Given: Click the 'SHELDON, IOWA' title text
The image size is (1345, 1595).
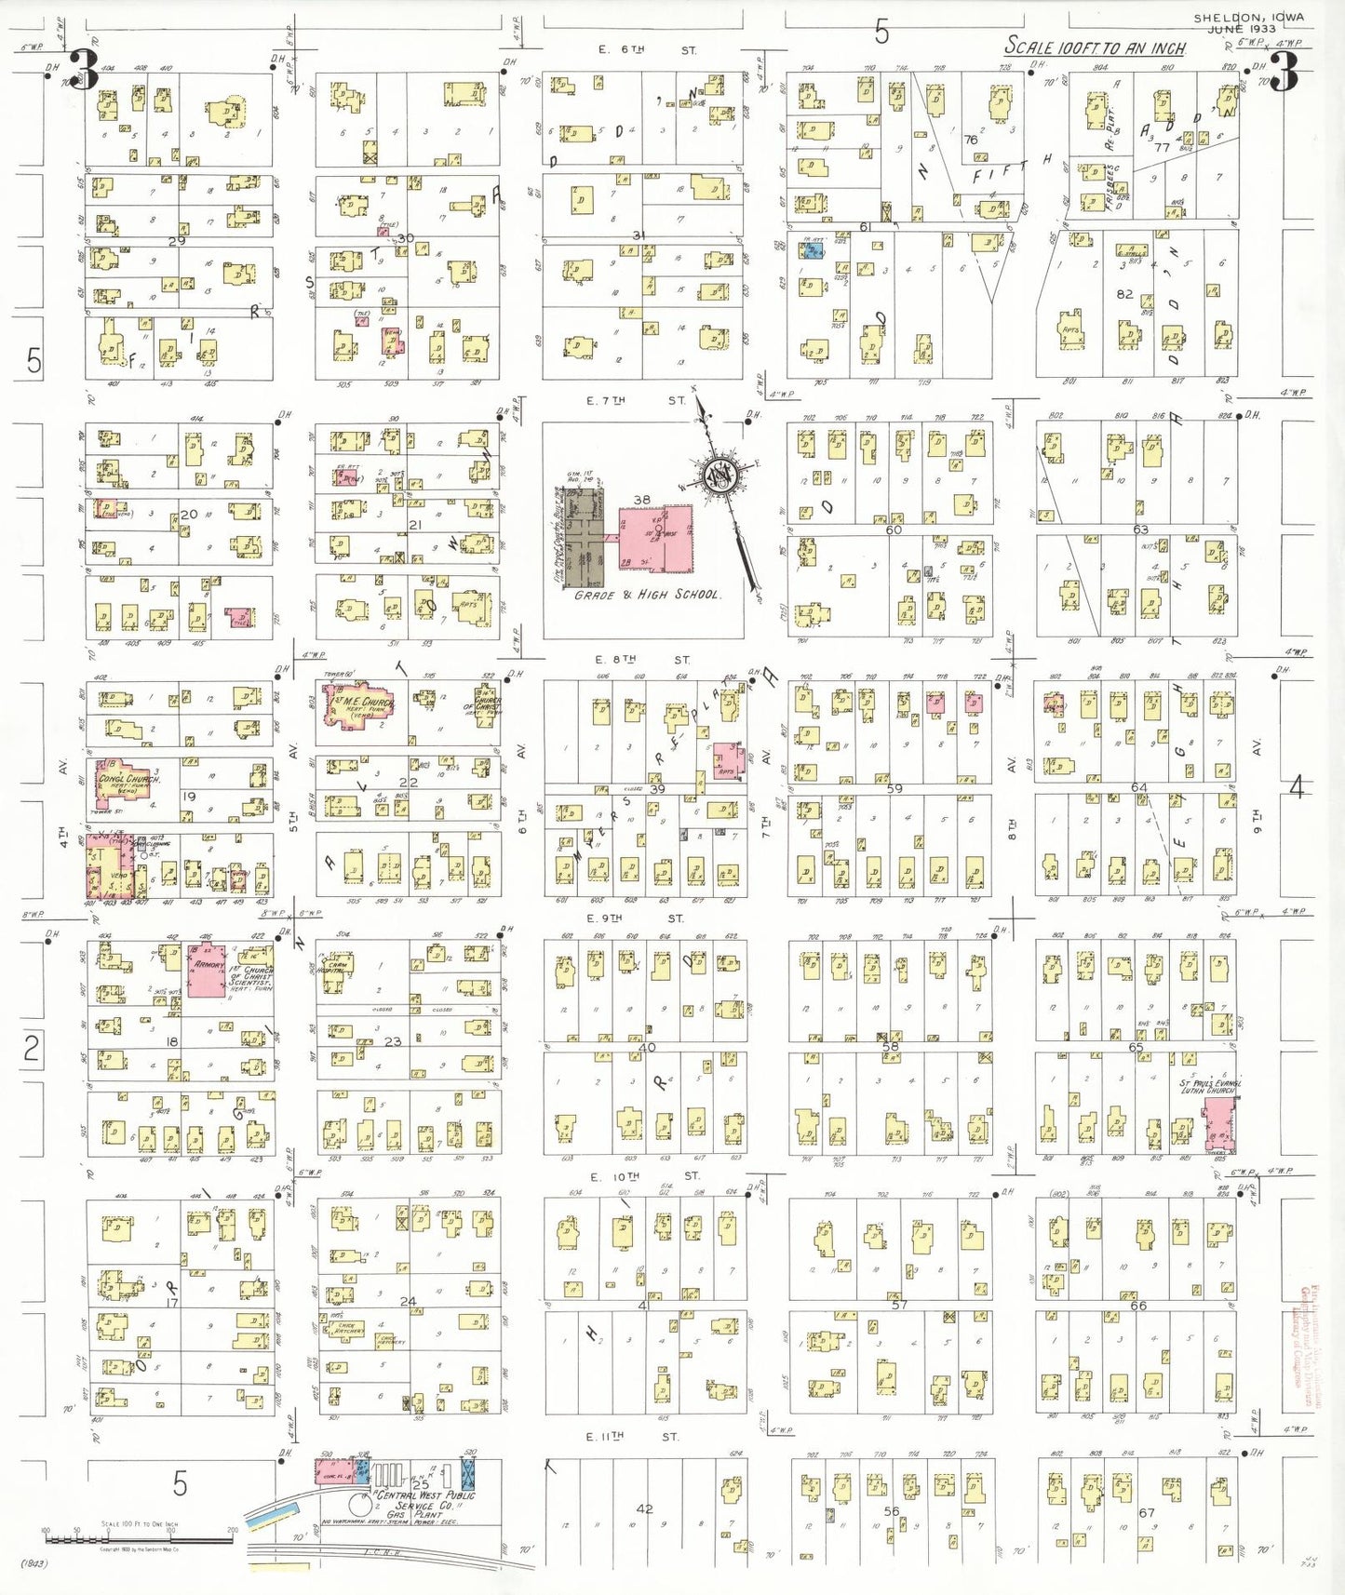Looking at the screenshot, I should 1249,17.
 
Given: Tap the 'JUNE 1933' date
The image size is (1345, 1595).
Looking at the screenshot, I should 1243,29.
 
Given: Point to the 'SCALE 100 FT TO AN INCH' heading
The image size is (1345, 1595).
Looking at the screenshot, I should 1095,47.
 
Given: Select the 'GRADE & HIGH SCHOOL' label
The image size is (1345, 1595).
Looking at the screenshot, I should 648,595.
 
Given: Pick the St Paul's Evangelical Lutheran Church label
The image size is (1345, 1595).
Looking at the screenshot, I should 1209,1087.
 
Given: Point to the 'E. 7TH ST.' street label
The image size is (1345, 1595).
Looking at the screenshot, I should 642,400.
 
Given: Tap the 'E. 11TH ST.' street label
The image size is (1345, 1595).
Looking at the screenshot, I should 633,1437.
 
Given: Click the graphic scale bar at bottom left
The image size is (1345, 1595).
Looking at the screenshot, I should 138,1539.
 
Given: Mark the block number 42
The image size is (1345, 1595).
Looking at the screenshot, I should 644,1508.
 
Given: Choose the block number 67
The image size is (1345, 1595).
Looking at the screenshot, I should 1147,1512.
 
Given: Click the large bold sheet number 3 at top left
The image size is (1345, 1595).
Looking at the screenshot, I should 84,71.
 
